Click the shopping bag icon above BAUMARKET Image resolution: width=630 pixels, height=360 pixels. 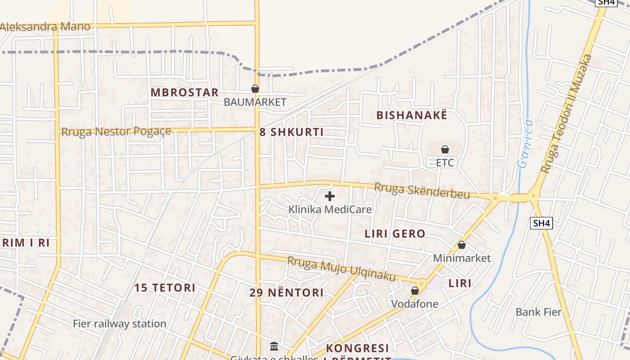(x=255, y=89)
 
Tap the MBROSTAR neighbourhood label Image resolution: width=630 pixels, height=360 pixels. (x=184, y=93)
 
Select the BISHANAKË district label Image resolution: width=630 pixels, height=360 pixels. (x=412, y=115)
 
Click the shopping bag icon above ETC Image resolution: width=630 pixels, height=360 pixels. (x=445, y=149)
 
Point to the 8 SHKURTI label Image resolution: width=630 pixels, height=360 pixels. (x=292, y=132)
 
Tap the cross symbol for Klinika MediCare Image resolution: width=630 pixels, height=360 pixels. (x=330, y=196)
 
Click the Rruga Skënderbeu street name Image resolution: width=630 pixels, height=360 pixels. (x=423, y=191)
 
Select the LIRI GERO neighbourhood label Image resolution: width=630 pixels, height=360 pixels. (x=395, y=234)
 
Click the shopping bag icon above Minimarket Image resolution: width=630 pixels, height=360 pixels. (x=462, y=245)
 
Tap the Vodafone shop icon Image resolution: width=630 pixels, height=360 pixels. (x=415, y=291)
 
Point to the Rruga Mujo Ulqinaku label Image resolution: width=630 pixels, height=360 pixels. (x=341, y=268)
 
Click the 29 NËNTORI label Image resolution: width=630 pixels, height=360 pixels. (x=287, y=293)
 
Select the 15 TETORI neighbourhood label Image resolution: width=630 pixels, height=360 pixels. (x=165, y=288)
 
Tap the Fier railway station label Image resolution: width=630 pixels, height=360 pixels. (x=120, y=324)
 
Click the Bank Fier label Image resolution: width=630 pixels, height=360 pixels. (x=539, y=312)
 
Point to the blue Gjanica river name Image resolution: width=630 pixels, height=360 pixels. (x=525, y=144)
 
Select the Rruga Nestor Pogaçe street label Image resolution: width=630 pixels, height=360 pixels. (x=116, y=132)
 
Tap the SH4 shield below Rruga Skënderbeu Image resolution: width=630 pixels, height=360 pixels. (x=542, y=223)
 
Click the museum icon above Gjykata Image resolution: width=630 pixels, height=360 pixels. (x=274, y=346)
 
